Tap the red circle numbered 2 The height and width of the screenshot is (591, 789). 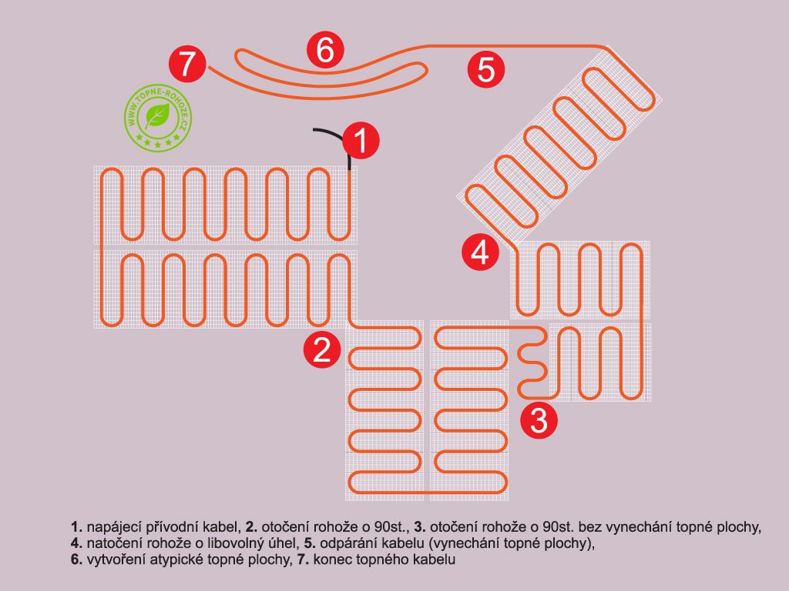(x=321, y=350)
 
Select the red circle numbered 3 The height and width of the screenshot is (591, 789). (x=539, y=420)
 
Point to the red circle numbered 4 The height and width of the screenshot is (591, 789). (x=480, y=252)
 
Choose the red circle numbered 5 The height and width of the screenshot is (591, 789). (x=486, y=70)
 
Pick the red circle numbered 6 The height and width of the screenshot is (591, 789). (x=324, y=51)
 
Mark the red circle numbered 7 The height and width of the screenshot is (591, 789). (x=188, y=64)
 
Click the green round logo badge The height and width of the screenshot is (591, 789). (x=157, y=118)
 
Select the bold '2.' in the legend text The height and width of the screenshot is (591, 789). (x=251, y=528)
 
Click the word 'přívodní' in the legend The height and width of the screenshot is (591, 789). (x=160, y=528)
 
